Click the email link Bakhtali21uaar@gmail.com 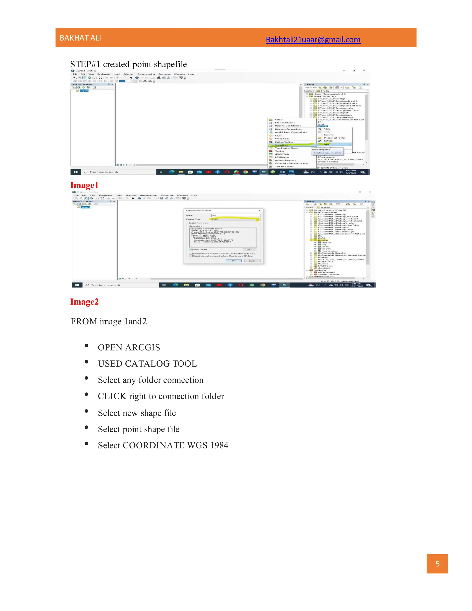[x=313, y=39]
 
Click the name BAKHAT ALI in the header [x=80, y=38]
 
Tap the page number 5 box [x=437, y=564]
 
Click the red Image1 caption [x=84, y=185]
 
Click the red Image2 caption [x=84, y=302]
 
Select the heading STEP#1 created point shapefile [x=128, y=64]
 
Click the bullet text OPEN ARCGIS [x=129, y=347]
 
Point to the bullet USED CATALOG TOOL [x=147, y=363]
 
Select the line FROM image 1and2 [x=109, y=321]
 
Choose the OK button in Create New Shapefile [x=233, y=261]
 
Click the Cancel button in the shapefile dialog [x=252, y=261]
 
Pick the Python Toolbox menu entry [x=284, y=142]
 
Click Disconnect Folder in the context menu [x=334, y=138]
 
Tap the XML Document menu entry [x=284, y=166]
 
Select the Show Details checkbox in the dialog [x=191, y=249]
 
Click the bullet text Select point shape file [x=139, y=429]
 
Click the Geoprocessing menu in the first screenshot [x=146, y=74]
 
